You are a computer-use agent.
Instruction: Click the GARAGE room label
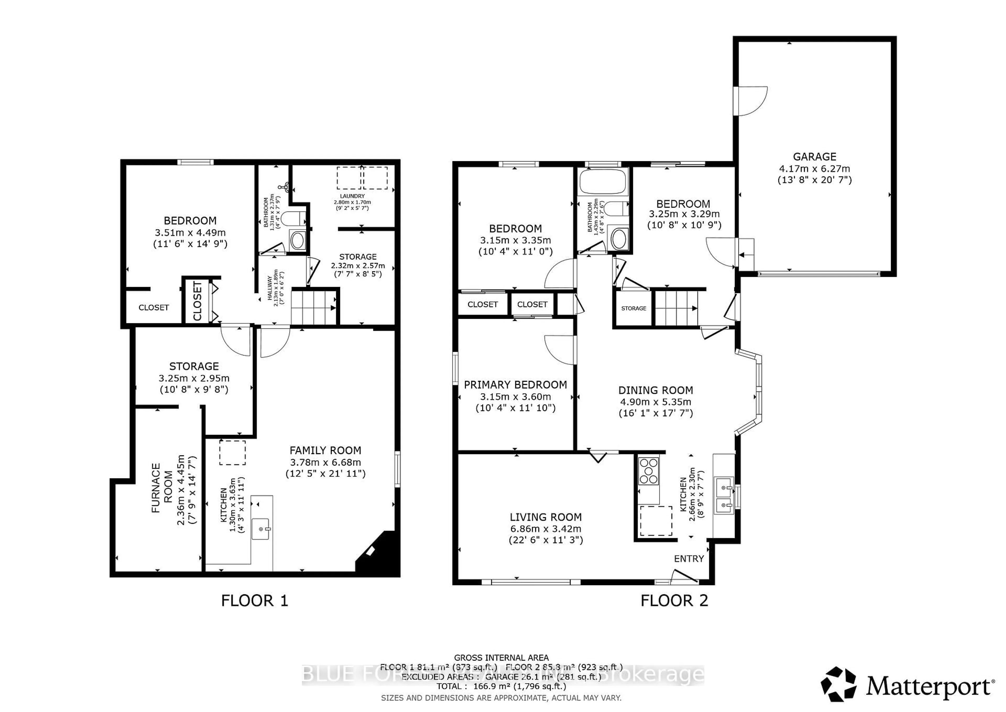click(814, 157)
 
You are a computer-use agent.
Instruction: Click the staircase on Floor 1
click(313, 307)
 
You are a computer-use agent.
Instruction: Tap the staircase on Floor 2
click(676, 308)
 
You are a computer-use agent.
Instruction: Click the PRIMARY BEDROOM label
click(515, 385)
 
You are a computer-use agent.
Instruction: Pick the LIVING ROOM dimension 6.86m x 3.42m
click(545, 529)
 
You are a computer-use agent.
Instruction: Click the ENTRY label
click(689, 559)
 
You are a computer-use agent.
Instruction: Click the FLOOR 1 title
click(255, 601)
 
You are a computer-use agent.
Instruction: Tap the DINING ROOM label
click(655, 390)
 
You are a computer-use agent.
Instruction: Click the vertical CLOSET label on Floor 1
click(198, 301)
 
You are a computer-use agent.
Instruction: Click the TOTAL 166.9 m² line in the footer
click(501, 686)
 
